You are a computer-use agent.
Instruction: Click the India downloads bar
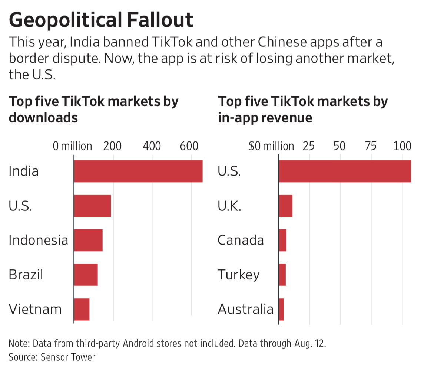click(138, 171)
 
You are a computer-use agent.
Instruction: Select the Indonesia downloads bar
click(88, 240)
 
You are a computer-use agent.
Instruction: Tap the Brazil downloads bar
click(86, 275)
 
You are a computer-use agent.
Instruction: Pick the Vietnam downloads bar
click(82, 309)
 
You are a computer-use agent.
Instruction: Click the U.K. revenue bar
click(285, 206)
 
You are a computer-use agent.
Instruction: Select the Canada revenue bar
click(282, 240)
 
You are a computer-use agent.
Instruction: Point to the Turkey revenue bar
click(282, 275)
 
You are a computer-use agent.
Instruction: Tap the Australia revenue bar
click(281, 309)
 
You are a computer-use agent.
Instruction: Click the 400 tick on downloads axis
click(152, 146)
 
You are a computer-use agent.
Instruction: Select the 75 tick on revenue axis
click(371, 146)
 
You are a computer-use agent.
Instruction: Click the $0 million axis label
click(271, 146)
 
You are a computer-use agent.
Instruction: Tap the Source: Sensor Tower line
click(52, 357)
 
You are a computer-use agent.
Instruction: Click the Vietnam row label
click(35, 309)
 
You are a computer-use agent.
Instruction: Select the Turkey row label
click(239, 275)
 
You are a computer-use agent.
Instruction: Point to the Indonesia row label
click(38, 240)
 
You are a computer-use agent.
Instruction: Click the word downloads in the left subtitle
click(43, 118)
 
